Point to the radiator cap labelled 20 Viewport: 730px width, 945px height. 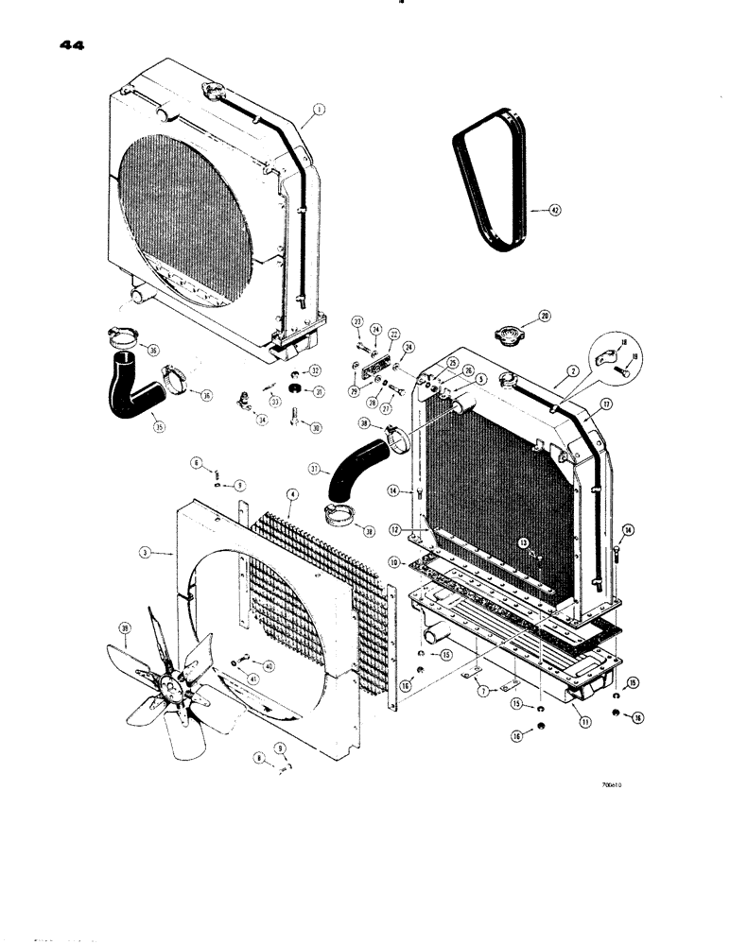tap(512, 336)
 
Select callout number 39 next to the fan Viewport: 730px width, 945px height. tap(125, 629)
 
